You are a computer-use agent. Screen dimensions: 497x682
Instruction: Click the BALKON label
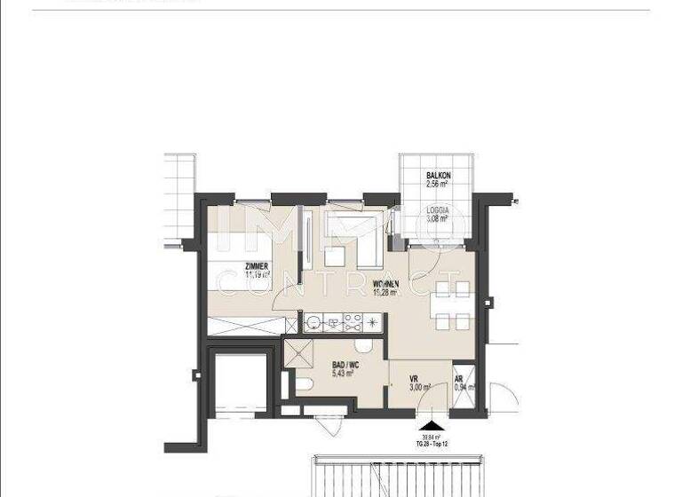(439, 176)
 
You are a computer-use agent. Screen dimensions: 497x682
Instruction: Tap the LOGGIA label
(437, 209)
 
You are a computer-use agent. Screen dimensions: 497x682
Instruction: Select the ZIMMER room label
(259, 265)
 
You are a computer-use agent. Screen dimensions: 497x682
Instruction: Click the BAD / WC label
(344, 365)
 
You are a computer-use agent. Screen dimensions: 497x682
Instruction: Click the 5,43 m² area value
(344, 375)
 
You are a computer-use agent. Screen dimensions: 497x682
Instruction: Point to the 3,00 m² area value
(420, 387)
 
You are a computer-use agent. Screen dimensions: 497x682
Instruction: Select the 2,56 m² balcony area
(439, 185)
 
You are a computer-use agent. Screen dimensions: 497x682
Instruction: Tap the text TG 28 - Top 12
(432, 443)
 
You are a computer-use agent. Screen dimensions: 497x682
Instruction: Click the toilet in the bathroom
(302, 383)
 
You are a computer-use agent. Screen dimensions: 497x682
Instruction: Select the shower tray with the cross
(298, 353)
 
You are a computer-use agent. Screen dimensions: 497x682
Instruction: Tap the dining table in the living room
(451, 304)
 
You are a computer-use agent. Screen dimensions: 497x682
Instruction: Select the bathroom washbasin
(362, 347)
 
